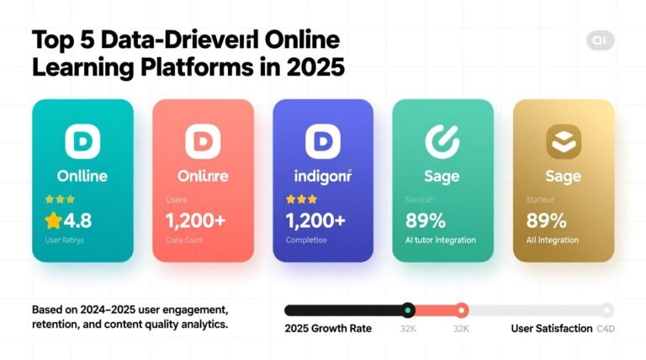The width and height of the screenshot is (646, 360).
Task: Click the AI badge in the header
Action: pos(599,41)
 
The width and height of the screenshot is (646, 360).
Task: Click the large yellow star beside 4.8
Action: pos(54,221)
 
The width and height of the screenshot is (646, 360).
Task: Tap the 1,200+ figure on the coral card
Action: pos(196,221)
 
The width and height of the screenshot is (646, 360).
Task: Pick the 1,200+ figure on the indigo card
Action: pos(315,221)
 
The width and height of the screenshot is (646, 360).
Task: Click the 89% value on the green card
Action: pos(426,221)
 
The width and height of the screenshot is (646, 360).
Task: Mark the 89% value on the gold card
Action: pos(547,221)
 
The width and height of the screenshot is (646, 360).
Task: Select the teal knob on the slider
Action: pos(408,310)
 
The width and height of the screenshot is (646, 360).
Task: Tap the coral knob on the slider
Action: pos(461,310)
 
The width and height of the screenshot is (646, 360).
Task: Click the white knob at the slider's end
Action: pos(606,310)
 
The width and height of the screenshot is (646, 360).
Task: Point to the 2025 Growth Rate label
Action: pos(328,328)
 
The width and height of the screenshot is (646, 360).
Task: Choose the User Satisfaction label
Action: pos(551,328)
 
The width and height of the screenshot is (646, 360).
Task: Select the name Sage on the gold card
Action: pos(563,177)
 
